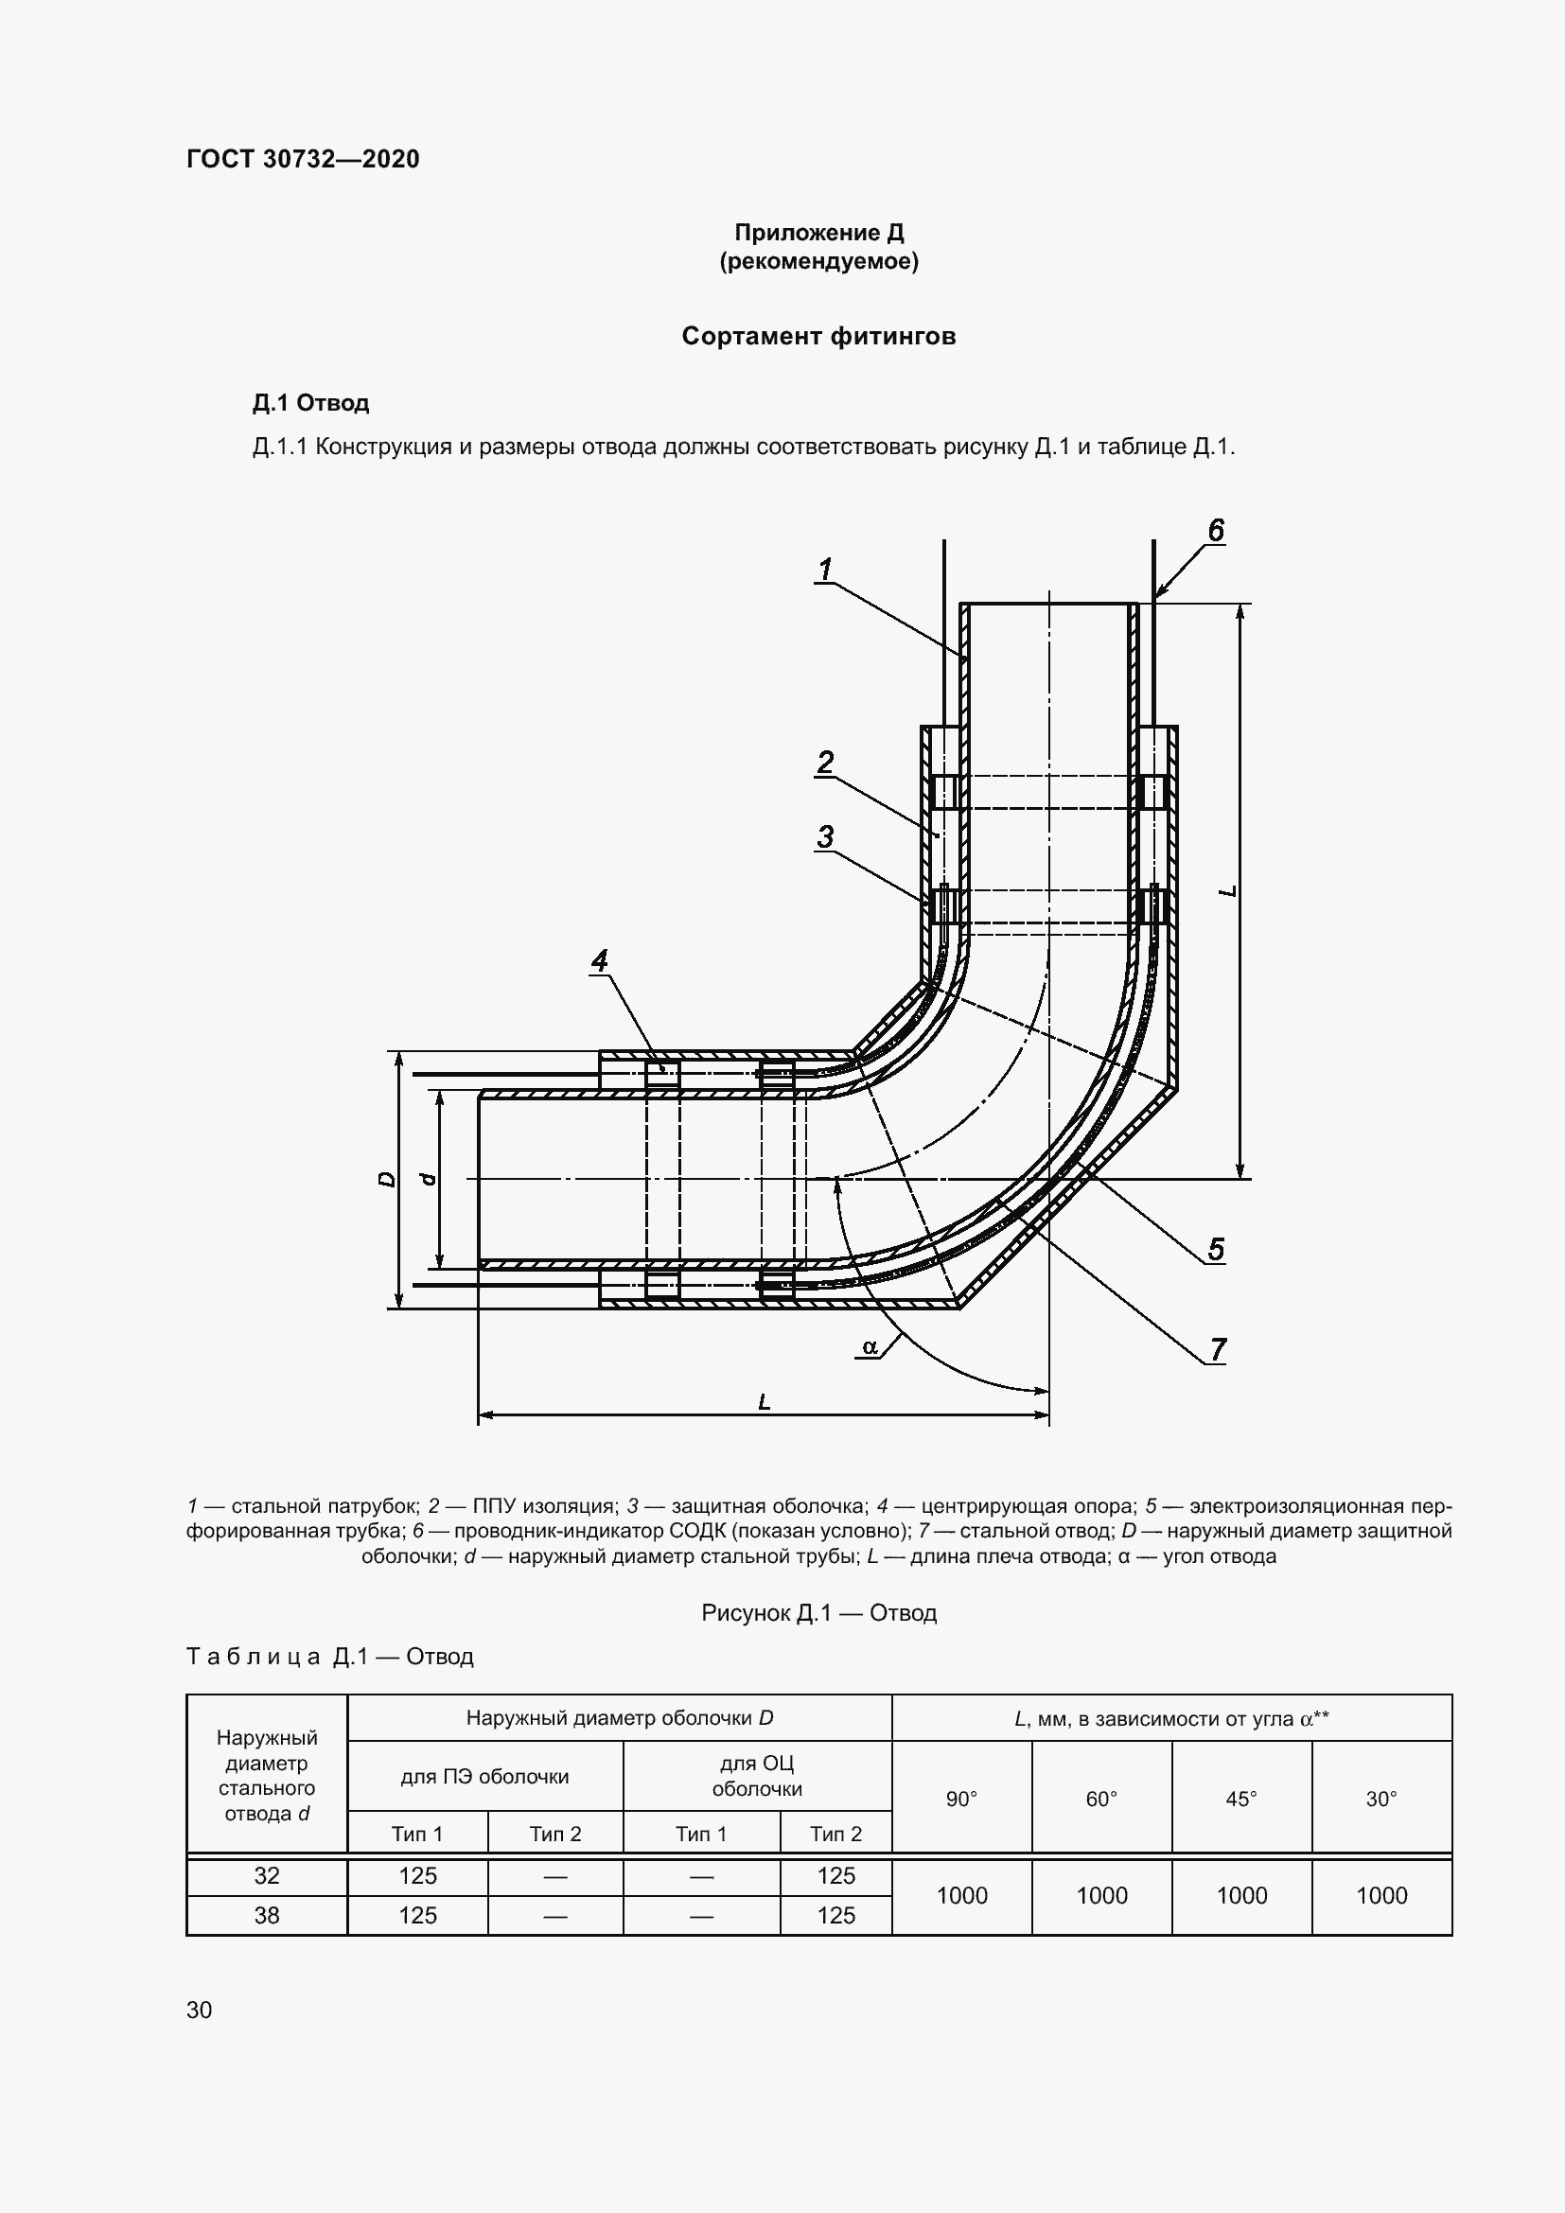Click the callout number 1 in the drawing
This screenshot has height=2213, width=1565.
click(x=825, y=571)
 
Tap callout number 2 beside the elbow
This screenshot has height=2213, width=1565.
click(x=825, y=763)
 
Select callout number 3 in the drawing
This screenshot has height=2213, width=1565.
click(x=825, y=836)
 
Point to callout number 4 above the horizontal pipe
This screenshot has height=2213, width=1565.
click(x=599, y=960)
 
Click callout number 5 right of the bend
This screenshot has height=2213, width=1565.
click(x=1216, y=1249)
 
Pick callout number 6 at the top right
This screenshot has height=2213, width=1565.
click(x=1216, y=530)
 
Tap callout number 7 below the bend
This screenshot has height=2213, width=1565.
click(x=1218, y=1349)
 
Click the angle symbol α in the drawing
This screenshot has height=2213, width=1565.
click(x=870, y=1346)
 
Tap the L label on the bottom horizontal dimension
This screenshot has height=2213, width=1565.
click(x=765, y=1402)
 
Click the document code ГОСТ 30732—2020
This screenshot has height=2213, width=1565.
click(x=303, y=159)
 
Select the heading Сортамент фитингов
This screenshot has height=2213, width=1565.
click(x=818, y=337)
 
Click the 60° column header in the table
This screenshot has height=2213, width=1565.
click(x=1101, y=1799)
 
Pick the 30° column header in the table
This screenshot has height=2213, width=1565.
click(x=1380, y=1799)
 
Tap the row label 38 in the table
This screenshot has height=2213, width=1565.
click(x=267, y=1915)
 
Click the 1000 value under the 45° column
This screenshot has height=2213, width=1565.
click(x=1241, y=1896)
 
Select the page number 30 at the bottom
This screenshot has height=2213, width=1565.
click(x=200, y=2010)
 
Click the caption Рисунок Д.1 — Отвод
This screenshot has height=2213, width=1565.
click(x=818, y=1612)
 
